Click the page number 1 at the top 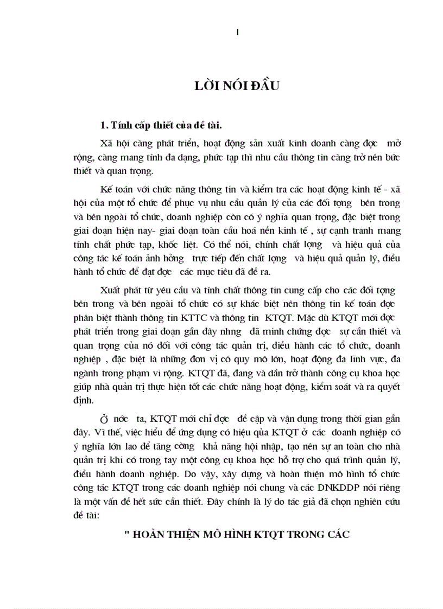[237, 33]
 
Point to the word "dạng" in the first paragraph [178, 157]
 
